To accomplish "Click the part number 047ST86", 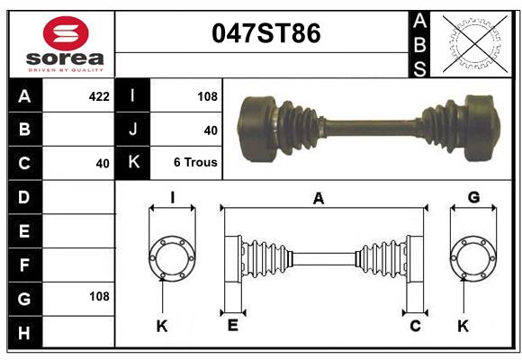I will point(265,34).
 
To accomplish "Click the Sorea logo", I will point(66,45).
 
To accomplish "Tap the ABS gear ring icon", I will point(473,43).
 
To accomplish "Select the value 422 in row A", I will point(99,94).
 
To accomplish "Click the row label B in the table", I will point(24,129).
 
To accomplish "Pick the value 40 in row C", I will point(102,164).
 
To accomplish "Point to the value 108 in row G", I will point(99,296).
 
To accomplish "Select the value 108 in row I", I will point(207,94).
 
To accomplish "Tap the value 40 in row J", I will point(211,130).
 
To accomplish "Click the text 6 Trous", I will point(195,164).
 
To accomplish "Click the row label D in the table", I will point(24,196).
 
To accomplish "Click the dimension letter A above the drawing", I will point(318,199).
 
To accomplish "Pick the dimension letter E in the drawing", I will point(232,326).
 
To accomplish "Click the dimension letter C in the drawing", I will point(416,326).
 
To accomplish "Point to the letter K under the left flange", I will point(162,326).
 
